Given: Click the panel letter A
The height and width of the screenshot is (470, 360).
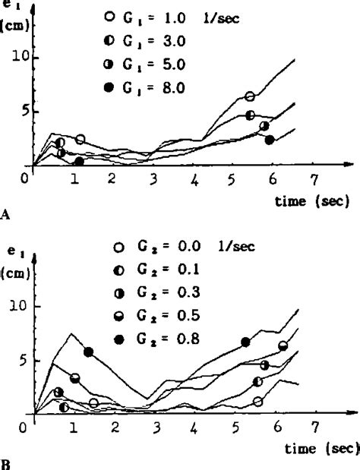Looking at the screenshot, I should (x=5, y=214).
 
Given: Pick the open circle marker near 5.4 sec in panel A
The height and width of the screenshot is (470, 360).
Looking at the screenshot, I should (x=250, y=96).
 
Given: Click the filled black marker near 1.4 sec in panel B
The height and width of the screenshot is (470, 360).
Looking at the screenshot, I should (x=89, y=352).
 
